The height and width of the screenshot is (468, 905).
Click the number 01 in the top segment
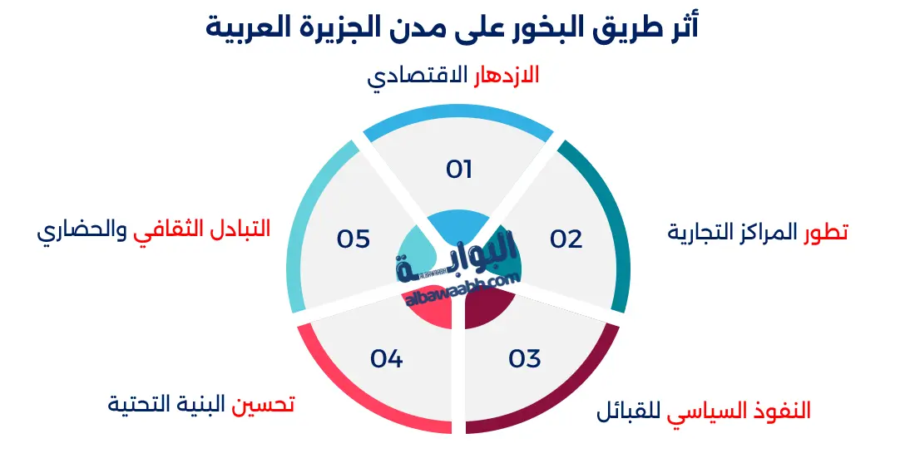click(x=459, y=170)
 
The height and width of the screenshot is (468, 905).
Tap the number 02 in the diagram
click(x=566, y=239)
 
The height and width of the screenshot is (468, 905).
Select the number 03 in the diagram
click(x=525, y=359)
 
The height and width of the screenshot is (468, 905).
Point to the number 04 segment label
click(x=387, y=359)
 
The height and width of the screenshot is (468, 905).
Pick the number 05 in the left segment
click(x=353, y=239)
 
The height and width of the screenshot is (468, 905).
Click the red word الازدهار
click(x=507, y=76)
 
